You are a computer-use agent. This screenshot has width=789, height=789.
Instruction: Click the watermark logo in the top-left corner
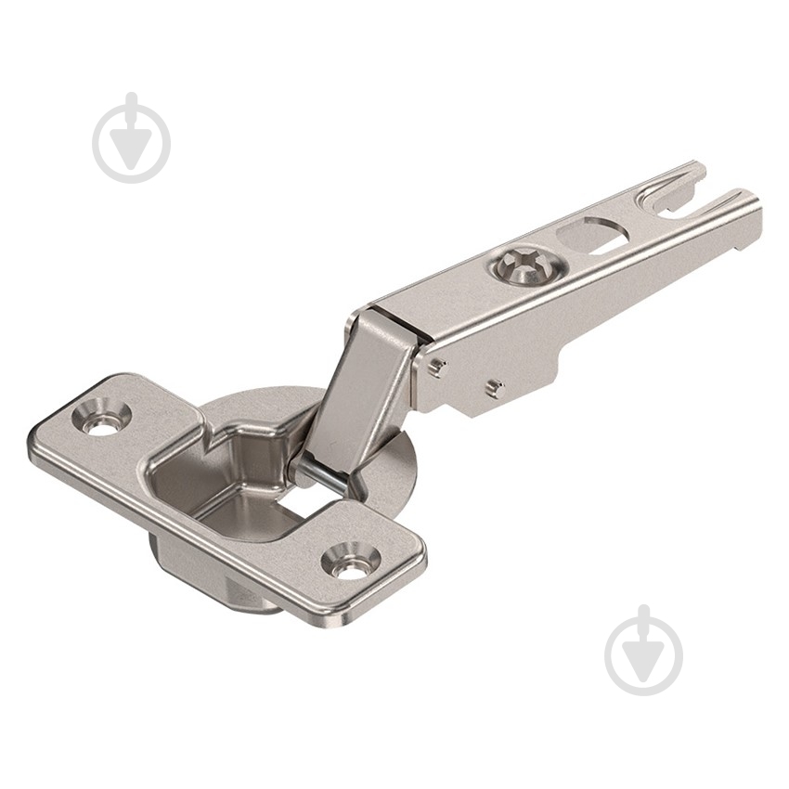[132, 138]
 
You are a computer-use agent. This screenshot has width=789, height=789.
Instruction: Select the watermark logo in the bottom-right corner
[644, 651]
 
